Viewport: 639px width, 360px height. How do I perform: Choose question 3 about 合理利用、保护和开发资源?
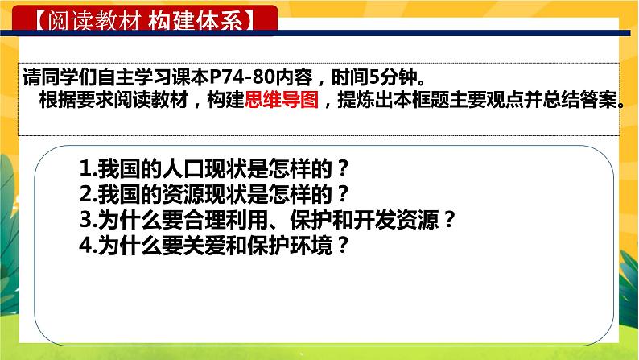point(269,219)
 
